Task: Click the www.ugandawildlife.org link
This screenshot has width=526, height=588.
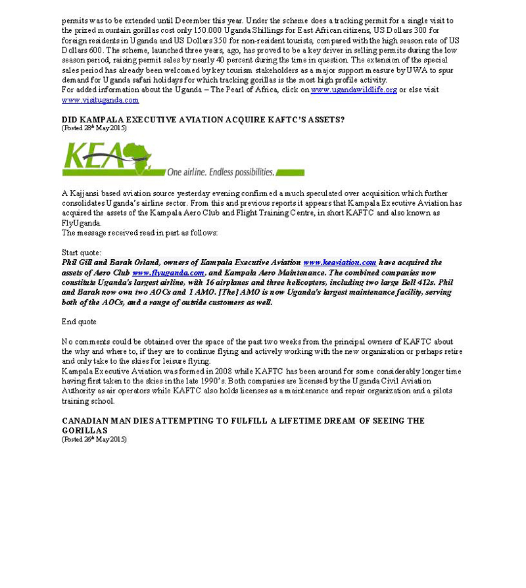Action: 353,90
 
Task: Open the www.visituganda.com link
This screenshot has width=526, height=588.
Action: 100,100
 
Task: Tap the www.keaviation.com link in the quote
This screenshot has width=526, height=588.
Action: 339,262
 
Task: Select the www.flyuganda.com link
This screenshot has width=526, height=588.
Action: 168,272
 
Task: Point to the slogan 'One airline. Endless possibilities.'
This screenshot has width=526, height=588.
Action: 220,172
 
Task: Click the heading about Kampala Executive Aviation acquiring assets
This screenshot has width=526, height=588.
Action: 203,120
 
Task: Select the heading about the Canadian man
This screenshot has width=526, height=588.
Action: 243,421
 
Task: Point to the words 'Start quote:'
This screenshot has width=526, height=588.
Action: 81,253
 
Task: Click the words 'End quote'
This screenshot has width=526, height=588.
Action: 79,322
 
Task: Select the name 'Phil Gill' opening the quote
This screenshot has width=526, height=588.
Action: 77,262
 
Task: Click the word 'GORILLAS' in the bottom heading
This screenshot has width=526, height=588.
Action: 85,430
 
